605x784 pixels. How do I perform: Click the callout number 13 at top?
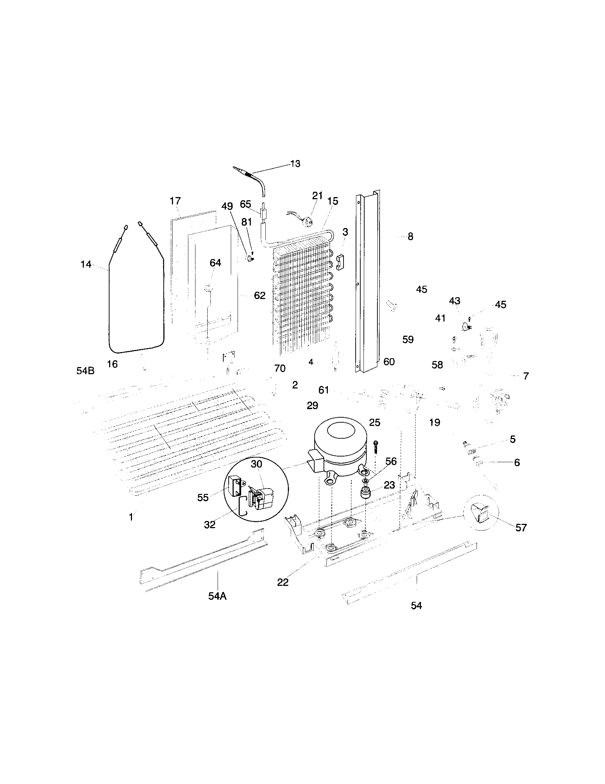[295, 164]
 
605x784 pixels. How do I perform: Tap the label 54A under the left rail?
[217, 596]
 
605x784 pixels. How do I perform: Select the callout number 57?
[520, 528]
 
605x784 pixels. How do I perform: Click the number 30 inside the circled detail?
[256, 464]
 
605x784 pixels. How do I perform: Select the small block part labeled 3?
[340, 262]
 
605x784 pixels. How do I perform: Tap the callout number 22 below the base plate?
[283, 582]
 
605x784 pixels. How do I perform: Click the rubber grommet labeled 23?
[366, 493]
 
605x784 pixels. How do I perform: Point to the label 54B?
[85, 371]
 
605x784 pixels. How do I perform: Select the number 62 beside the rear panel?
[259, 295]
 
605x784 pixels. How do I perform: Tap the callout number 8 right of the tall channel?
[410, 237]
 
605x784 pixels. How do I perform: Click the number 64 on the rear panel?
[215, 263]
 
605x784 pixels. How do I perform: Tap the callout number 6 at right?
[517, 463]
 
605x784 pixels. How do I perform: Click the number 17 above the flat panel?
[175, 201]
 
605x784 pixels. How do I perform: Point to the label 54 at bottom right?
[416, 605]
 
